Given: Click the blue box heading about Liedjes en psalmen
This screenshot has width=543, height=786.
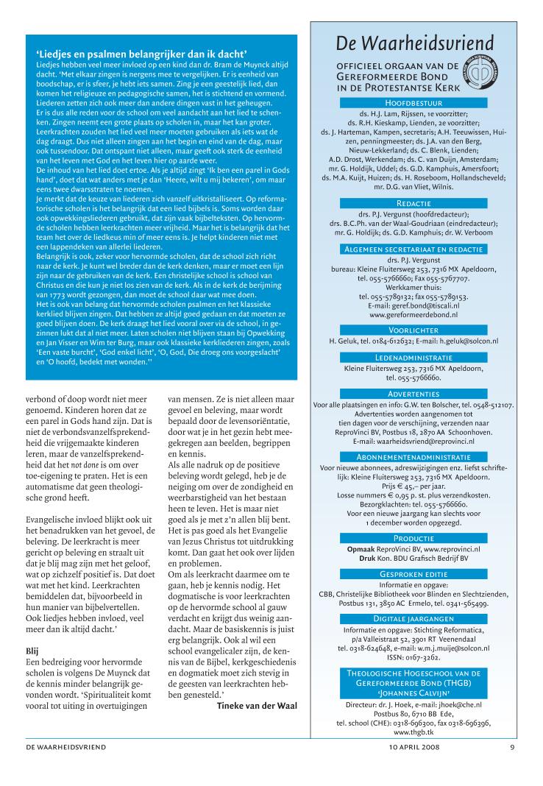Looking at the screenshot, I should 141,53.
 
